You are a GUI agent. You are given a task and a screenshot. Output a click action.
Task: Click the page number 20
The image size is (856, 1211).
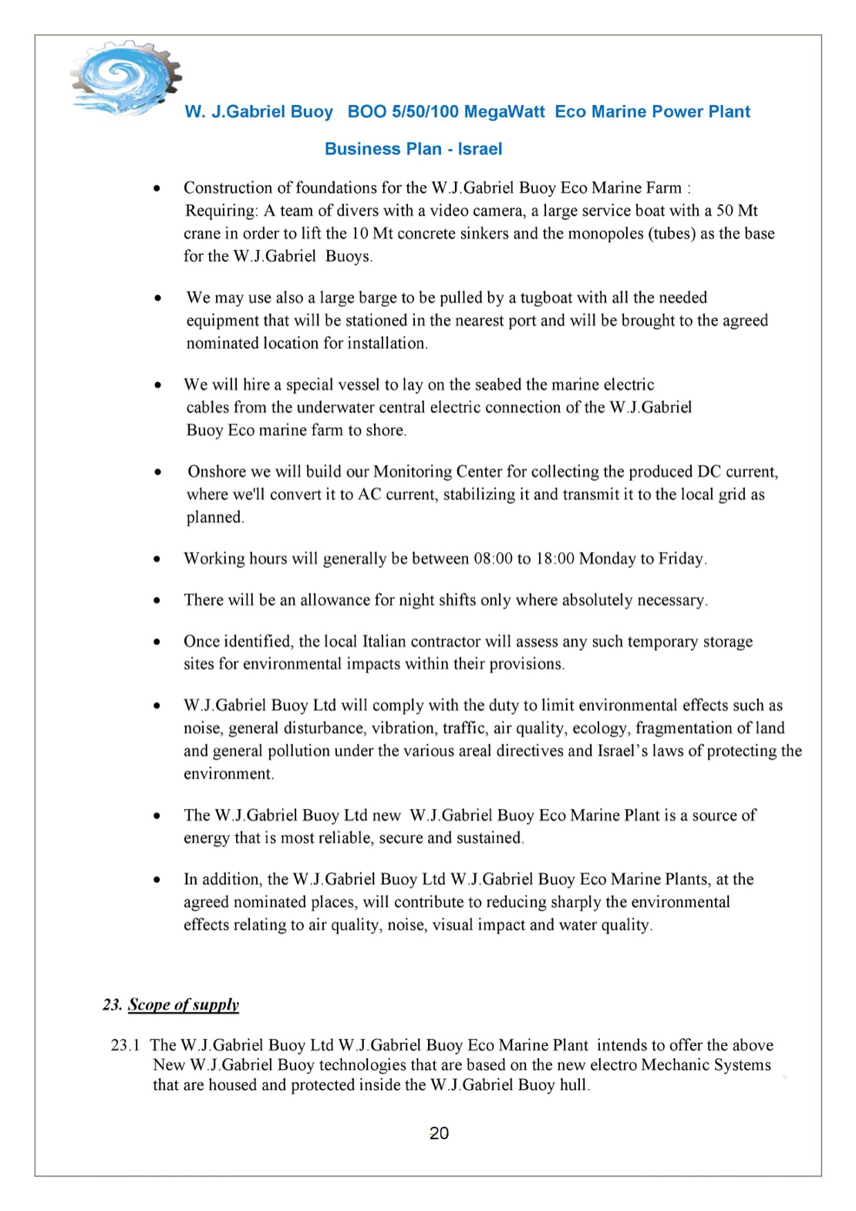click(x=439, y=1133)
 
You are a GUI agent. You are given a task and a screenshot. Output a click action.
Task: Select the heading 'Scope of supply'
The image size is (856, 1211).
click(x=184, y=1004)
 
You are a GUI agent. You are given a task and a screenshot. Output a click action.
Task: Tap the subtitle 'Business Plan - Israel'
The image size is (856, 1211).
click(x=413, y=149)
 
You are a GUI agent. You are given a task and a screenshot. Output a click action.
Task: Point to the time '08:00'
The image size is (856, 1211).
click(x=494, y=559)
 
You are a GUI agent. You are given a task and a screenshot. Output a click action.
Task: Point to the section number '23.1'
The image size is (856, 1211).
click(x=125, y=1045)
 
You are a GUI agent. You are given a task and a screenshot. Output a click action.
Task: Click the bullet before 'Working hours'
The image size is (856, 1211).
click(x=157, y=559)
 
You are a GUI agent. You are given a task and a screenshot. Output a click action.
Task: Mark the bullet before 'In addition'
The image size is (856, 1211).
click(x=157, y=879)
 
